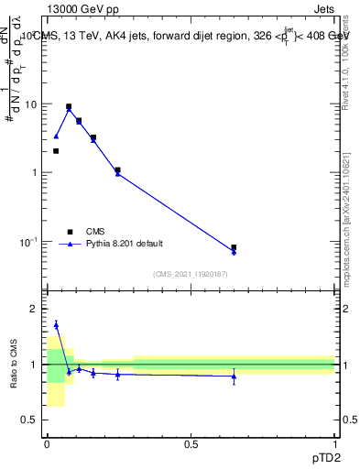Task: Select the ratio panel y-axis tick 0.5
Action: (x=29, y=420)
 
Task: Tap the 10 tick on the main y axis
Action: (x=29, y=104)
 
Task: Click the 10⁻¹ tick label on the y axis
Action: (x=27, y=242)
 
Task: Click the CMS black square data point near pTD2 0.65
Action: (x=234, y=247)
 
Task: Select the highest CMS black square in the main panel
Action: (x=69, y=106)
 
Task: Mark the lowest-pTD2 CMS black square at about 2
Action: (x=56, y=151)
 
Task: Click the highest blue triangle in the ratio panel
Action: (x=56, y=324)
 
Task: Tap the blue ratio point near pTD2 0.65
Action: (x=234, y=376)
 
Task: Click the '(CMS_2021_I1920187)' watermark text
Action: (x=190, y=275)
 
